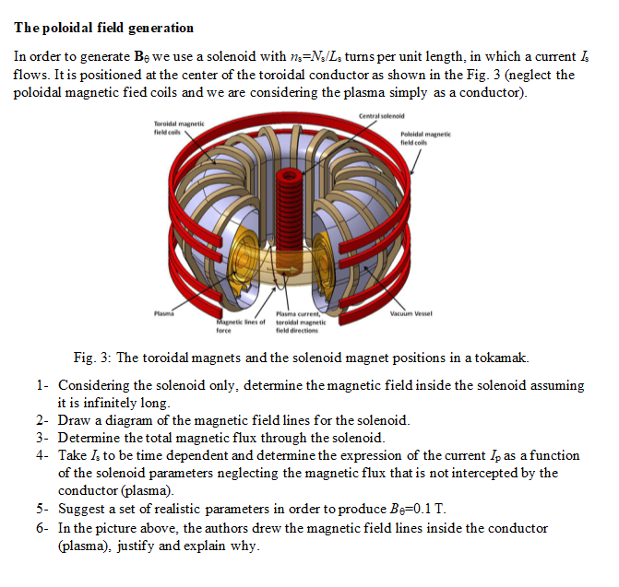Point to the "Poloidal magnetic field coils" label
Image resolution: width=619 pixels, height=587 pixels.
coord(425,137)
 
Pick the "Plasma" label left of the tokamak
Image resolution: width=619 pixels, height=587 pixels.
coord(166,313)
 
